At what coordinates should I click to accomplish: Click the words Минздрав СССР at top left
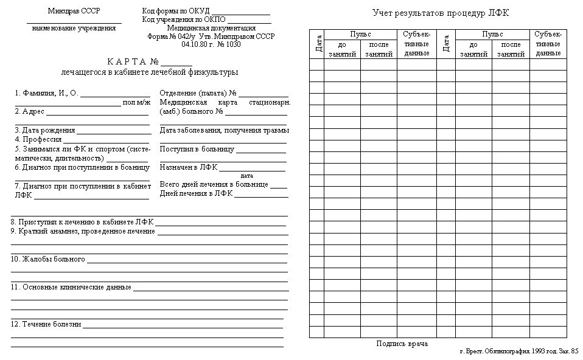(74, 12)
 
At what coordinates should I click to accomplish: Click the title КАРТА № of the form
(133, 61)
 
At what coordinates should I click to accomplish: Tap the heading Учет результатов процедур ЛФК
(441, 13)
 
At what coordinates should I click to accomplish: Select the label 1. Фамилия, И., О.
(47, 94)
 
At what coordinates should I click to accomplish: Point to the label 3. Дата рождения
(45, 130)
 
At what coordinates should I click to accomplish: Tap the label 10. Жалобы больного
(48, 259)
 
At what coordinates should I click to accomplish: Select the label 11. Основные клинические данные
(71, 287)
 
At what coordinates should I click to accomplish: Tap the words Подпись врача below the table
(402, 344)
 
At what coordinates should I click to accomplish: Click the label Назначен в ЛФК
(189, 167)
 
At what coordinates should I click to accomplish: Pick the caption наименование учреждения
(74, 28)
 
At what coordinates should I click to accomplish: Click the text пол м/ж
(136, 102)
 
